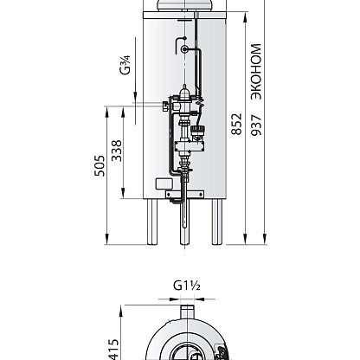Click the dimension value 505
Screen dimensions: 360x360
point(100,165)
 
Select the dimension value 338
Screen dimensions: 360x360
point(117,151)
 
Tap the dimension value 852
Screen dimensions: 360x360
point(236,124)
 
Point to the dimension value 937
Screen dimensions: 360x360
point(256,125)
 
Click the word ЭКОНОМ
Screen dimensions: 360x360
point(256,72)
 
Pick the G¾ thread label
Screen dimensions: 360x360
point(125,65)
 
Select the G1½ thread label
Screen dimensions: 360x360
point(187,286)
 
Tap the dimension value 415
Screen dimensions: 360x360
point(113,350)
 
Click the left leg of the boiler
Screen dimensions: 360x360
point(152,222)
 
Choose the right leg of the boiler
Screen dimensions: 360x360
point(217,222)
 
